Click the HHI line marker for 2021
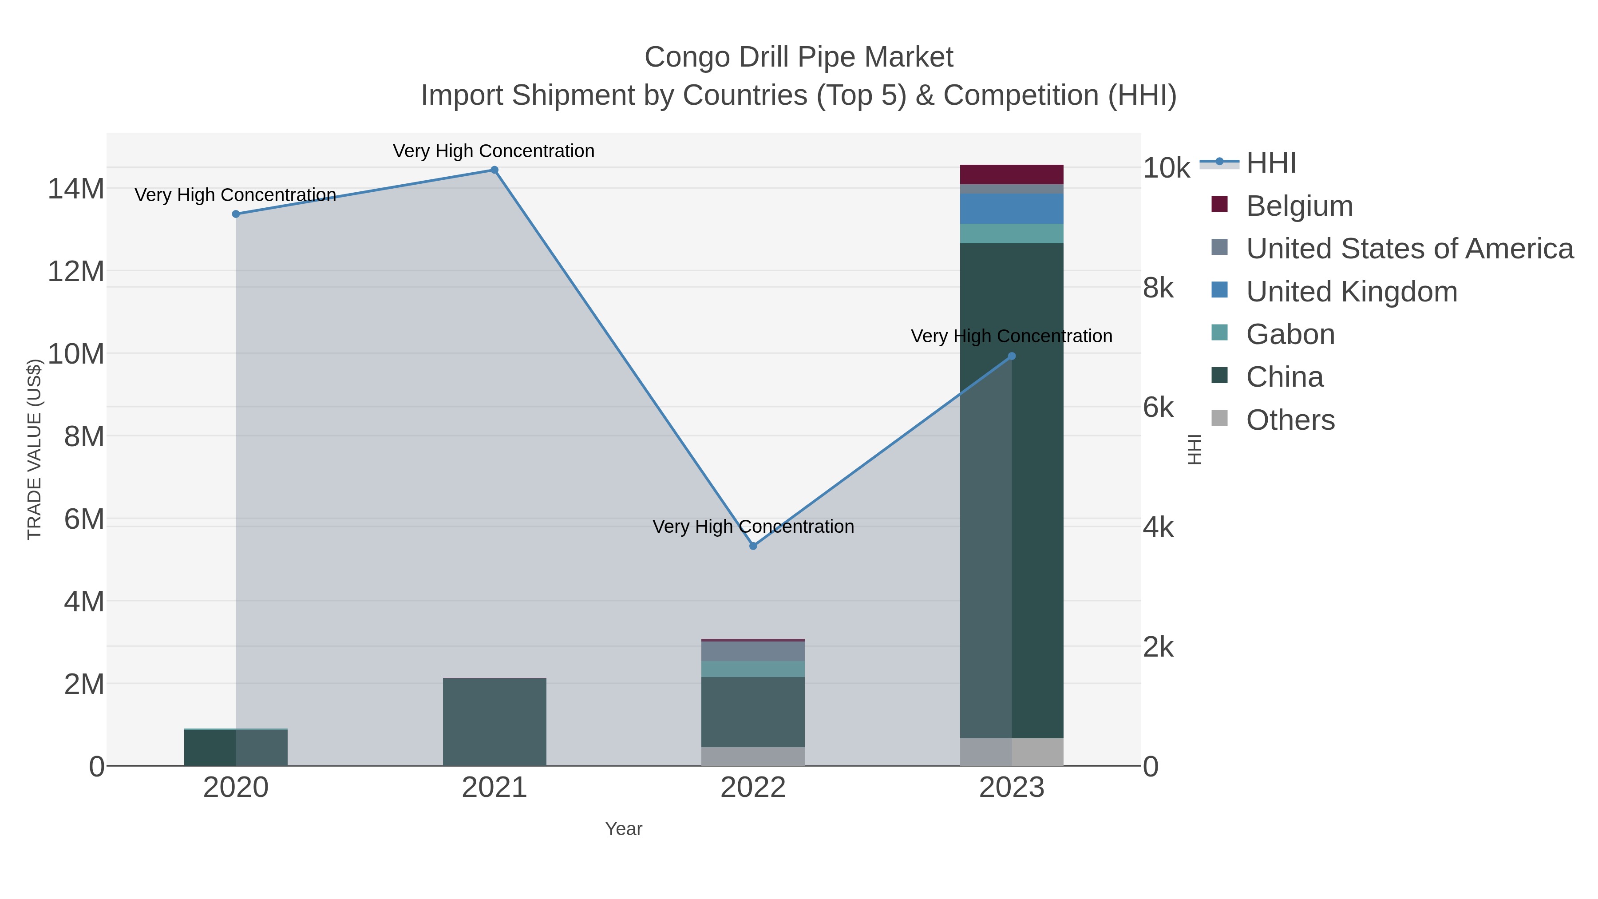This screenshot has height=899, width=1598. tap(494, 170)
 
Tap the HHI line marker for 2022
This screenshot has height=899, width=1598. tap(753, 546)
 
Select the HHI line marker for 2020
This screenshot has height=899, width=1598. tap(236, 214)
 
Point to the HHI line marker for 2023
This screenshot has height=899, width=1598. tap(1012, 356)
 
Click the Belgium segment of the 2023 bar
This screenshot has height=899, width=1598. tap(1012, 174)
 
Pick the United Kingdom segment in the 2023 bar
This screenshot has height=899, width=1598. tap(1012, 209)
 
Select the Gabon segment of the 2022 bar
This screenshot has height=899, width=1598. tap(753, 669)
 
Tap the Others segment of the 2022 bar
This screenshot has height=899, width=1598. tap(753, 756)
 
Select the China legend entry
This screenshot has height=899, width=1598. tap(1284, 377)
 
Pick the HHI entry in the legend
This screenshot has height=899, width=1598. tap(1270, 163)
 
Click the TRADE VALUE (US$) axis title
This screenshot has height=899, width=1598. tap(34, 449)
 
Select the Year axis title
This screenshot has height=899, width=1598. tap(624, 829)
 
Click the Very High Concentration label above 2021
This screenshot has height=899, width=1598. tap(494, 151)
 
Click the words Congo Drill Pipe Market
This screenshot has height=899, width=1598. tap(799, 57)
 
